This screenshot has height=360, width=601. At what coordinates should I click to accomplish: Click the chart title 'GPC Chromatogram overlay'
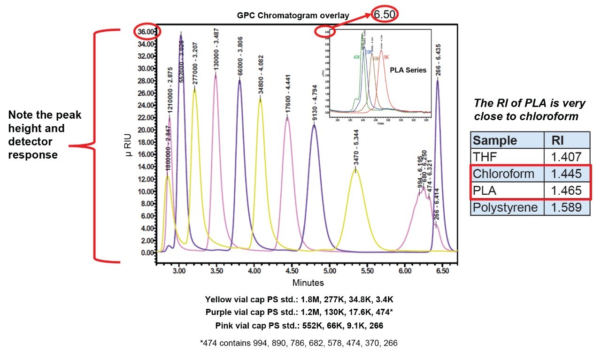click(293, 15)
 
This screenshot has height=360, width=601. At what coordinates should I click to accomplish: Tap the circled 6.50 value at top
click(385, 14)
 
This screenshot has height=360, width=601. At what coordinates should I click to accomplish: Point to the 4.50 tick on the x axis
click(292, 271)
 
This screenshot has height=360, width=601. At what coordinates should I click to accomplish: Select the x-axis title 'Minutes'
click(308, 283)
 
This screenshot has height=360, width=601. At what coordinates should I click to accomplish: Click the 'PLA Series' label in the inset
click(408, 70)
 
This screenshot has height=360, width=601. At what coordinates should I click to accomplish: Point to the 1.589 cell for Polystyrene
click(566, 207)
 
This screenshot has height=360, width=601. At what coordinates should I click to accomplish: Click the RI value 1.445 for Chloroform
click(566, 174)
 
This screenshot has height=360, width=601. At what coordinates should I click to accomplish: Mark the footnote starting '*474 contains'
click(298, 343)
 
